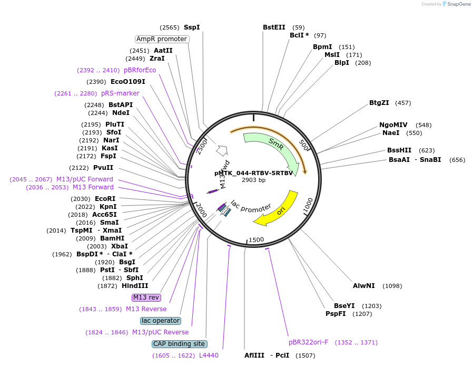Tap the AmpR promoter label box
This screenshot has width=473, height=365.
click(x=162, y=39)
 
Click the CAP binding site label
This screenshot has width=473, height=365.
click(x=179, y=344)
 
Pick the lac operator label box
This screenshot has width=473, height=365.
click(x=161, y=321)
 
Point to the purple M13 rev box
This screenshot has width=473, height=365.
click(x=146, y=297)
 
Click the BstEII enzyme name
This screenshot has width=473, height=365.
click(x=274, y=27)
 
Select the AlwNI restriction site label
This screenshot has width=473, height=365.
click(x=364, y=286)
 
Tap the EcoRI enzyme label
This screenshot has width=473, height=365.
click(x=105, y=199)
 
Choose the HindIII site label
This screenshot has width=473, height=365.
click(x=135, y=286)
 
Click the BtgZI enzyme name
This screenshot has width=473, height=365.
click(x=379, y=103)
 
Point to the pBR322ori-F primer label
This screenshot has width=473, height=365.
click(x=308, y=342)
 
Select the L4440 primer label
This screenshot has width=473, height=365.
click(x=209, y=356)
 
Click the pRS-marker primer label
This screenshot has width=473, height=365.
click(x=120, y=93)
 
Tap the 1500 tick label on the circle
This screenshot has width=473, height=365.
click(x=257, y=240)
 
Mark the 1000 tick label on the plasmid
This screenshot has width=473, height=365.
click(x=308, y=206)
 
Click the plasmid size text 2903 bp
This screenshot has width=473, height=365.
click(x=254, y=180)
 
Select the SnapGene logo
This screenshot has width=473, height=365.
click(x=457, y=4)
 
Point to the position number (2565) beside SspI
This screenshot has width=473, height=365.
click(x=170, y=27)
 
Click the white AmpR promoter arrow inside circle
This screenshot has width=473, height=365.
click(x=222, y=151)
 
